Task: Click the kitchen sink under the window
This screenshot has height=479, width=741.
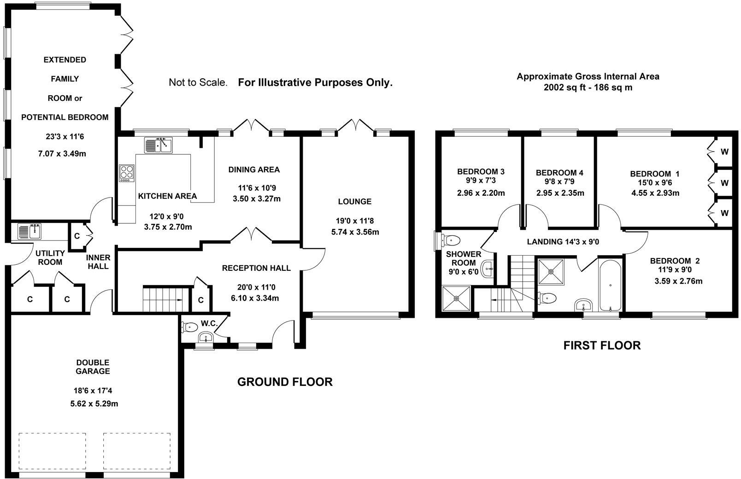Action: pos(158,145)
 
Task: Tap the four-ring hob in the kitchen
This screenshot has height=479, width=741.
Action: pos(127,173)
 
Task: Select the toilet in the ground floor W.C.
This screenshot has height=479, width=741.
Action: pos(189,327)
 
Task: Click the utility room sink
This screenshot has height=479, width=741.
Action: pos(29,231)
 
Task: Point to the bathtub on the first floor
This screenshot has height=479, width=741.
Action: pos(610,286)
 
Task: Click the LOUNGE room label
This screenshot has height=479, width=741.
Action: pos(355,201)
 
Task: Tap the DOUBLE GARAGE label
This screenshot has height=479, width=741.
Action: pos(93,367)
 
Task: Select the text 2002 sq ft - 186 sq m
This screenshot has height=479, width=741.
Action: pos(588,88)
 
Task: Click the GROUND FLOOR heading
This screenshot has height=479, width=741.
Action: pos(285,382)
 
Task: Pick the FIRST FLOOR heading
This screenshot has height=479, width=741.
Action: pos(602,345)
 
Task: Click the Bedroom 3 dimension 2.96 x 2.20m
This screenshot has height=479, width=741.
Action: pos(481,193)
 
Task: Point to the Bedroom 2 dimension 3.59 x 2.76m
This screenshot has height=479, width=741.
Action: pos(678,281)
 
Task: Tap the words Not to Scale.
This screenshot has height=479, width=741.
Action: pos(198,82)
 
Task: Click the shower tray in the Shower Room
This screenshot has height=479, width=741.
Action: pos(457,298)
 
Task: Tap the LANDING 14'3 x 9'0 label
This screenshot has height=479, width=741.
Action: pos(563,242)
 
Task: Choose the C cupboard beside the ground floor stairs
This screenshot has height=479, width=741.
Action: pos(201,300)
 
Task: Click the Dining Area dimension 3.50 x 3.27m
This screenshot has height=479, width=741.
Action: pos(257,199)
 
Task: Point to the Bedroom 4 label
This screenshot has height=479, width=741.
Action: pos(560,173)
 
